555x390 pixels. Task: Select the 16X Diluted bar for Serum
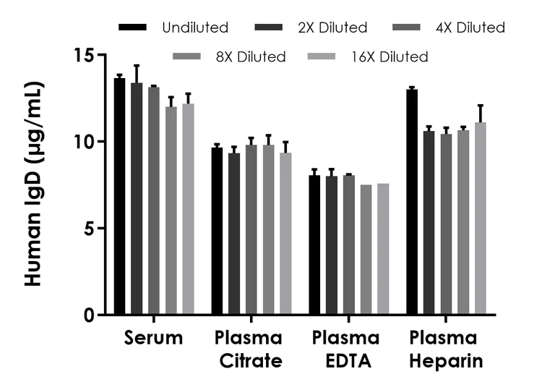click(188, 209)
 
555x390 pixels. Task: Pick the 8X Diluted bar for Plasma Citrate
click(269, 230)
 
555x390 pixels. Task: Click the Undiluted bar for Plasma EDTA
click(314, 245)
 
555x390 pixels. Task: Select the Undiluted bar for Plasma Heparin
click(412, 203)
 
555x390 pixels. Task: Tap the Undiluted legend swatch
click(134, 27)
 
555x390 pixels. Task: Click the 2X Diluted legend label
click(332, 27)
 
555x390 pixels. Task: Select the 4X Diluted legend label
click(469, 27)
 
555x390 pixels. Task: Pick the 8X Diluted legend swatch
click(189, 56)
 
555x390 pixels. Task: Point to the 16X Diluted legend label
click(387, 56)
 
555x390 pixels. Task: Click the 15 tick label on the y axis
click(85, 55)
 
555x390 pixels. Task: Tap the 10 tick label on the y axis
click(85, 142)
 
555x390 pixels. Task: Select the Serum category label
click(153, 339)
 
